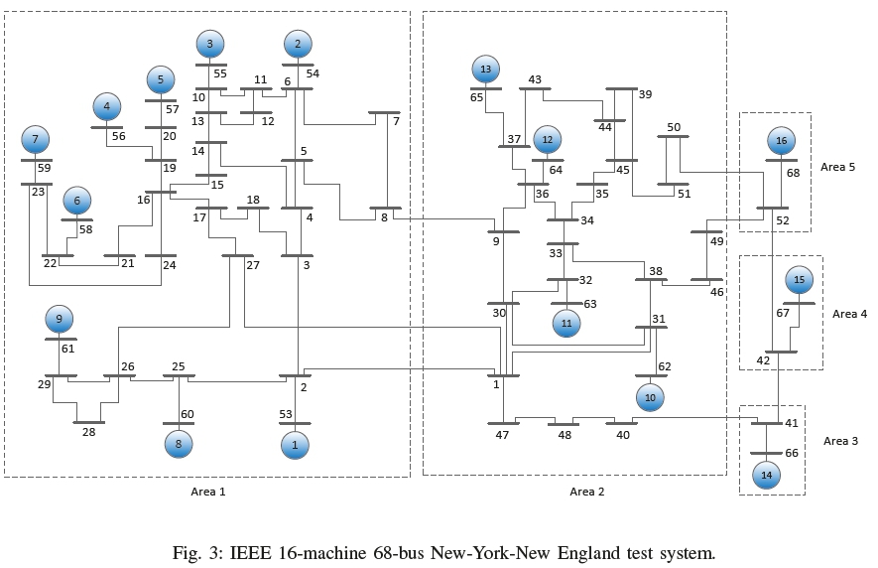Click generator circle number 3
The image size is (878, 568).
[x=209, y=44]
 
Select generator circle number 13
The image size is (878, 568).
[x=486, y=70]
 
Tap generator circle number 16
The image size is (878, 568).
[x=782, y=141]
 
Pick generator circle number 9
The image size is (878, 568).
[x=60, y=319]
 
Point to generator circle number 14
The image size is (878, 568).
[x=766, y=477]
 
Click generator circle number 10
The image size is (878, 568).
[x=651, y=397]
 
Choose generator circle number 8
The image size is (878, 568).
[x=179, y=444]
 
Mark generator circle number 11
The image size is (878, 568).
[x=566, y=322]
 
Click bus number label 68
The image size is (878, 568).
[x=793, y=174]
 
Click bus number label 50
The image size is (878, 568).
[x=674, y=127]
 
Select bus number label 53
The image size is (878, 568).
[x=285, y=413]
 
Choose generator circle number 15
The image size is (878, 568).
[x=800, y=280]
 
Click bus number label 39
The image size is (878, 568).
[x=645, y=94]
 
